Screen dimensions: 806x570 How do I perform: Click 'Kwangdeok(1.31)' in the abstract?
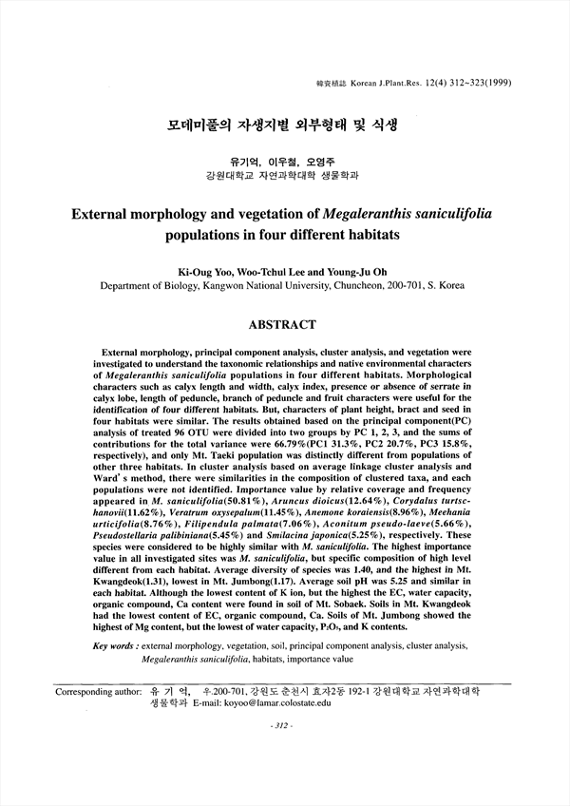132,600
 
